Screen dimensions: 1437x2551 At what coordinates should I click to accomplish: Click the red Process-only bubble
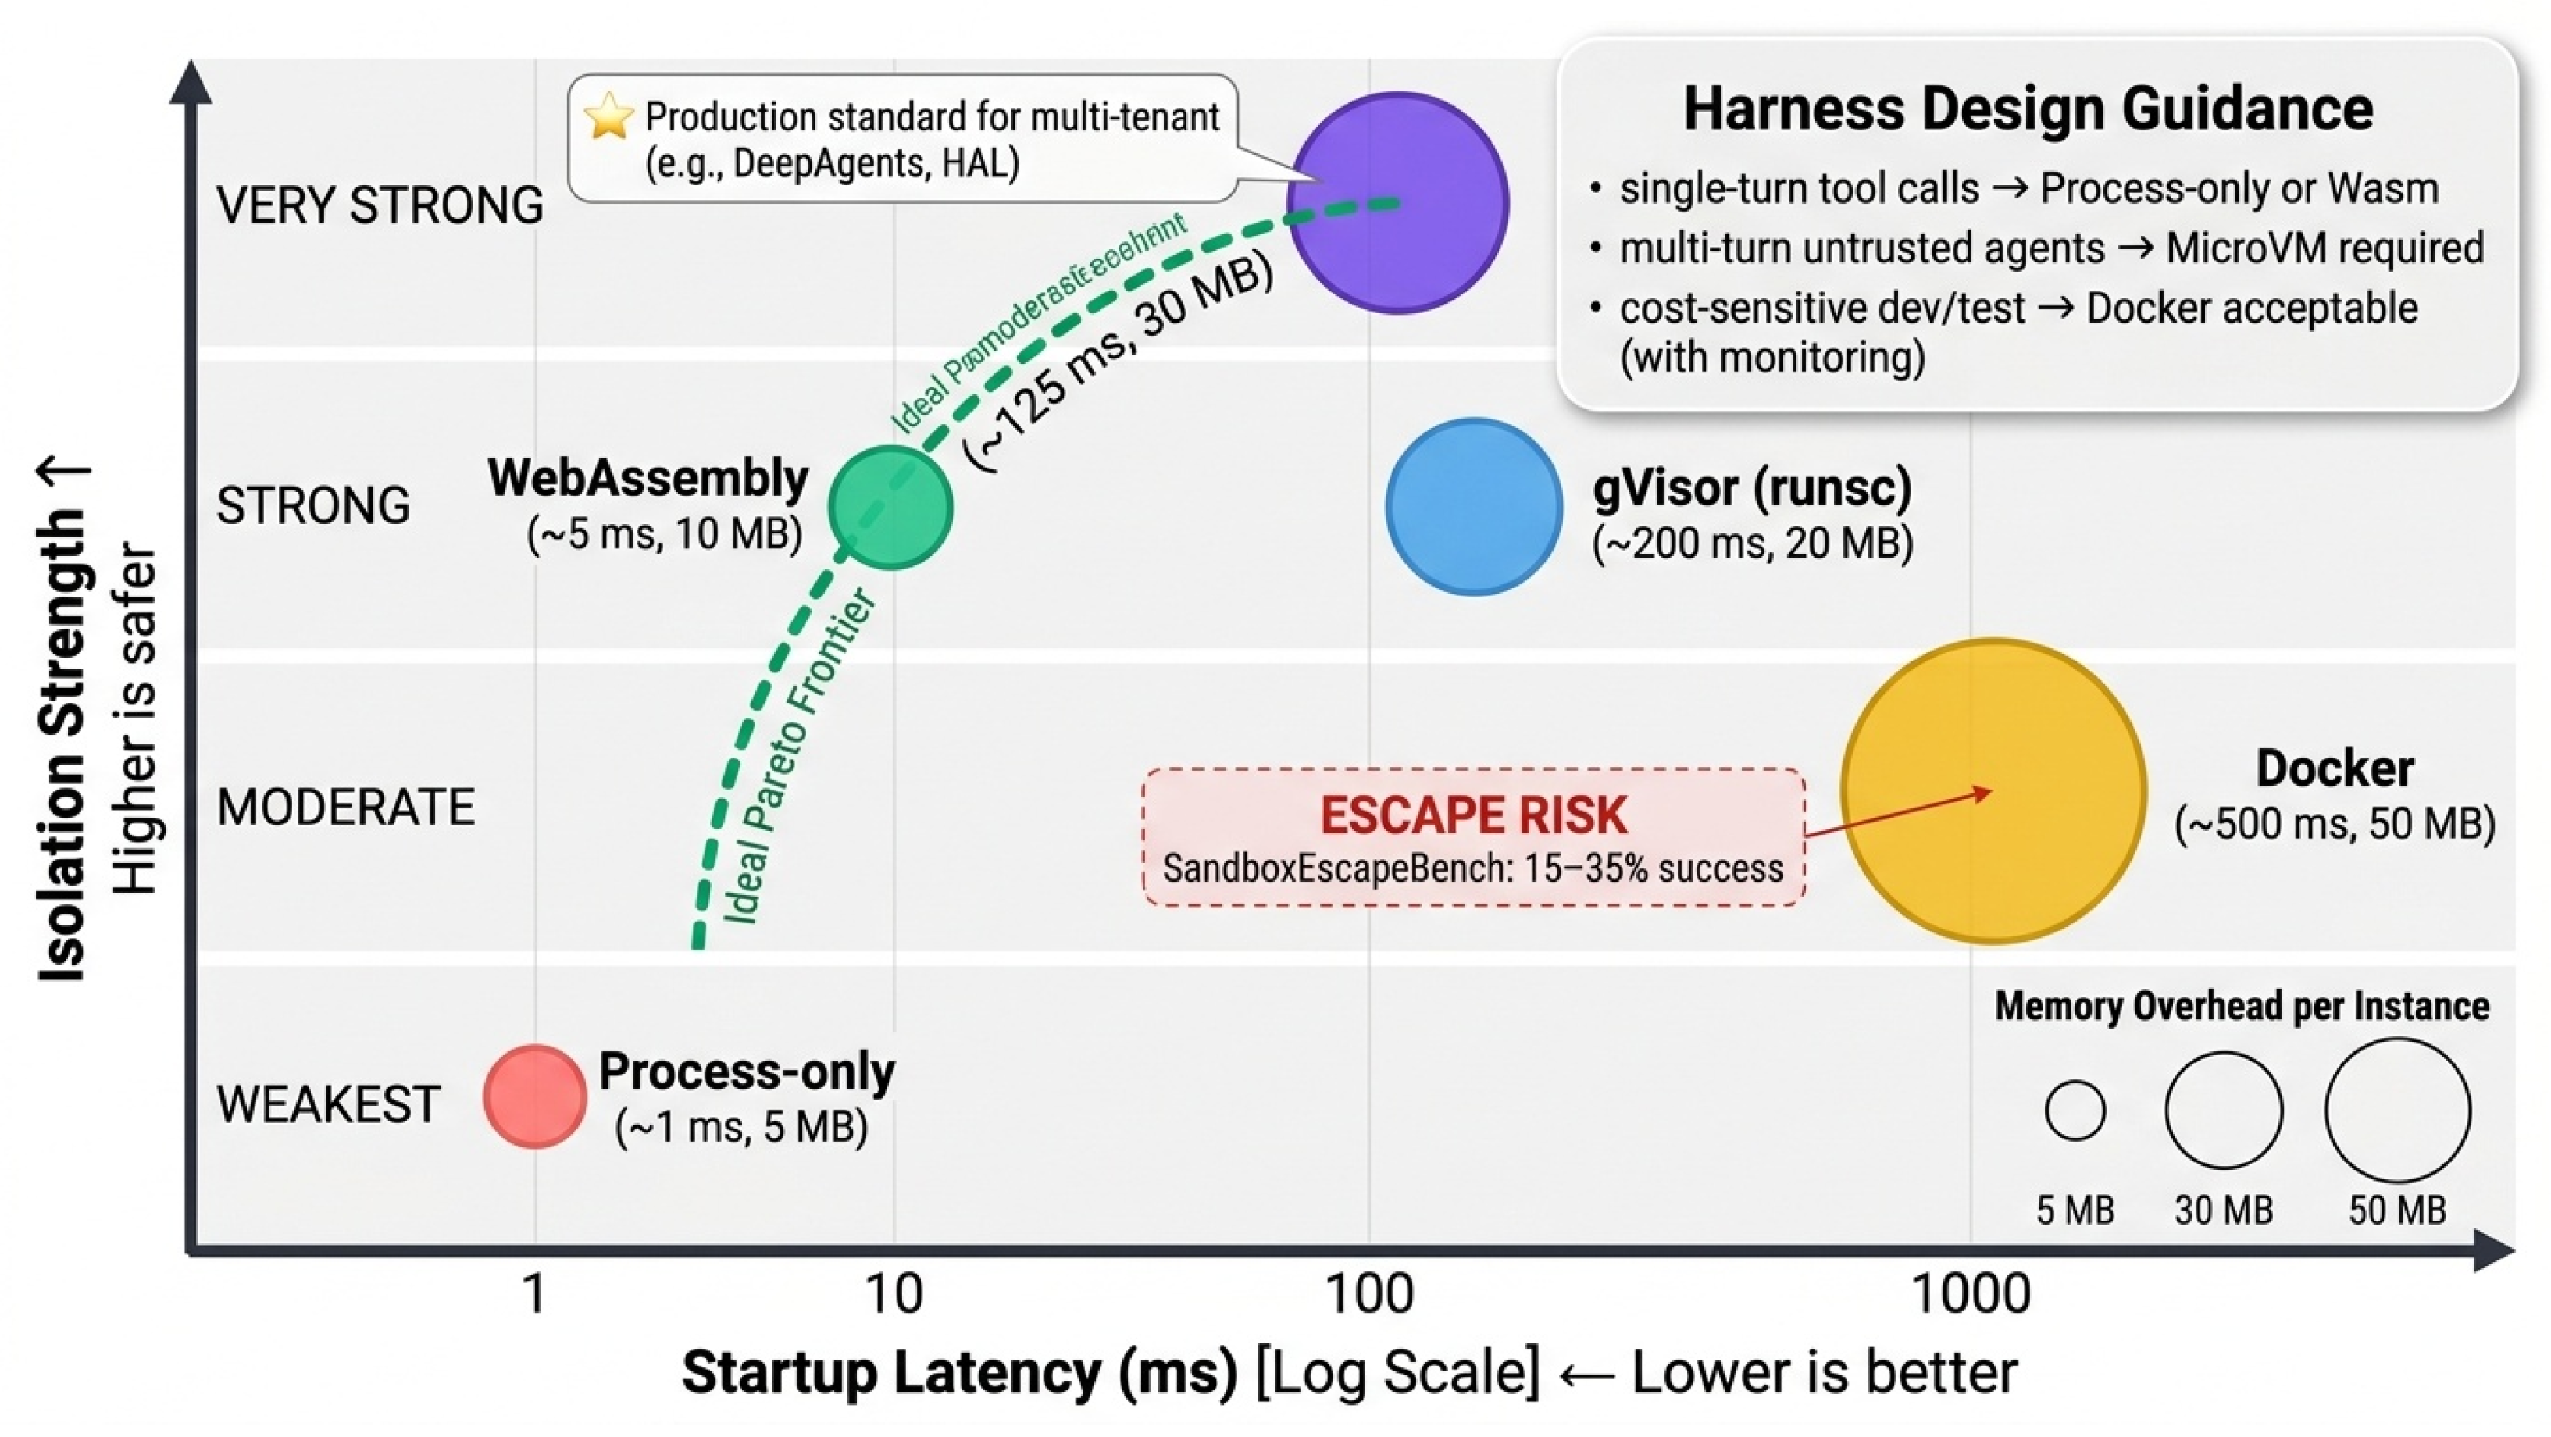(535, 1096)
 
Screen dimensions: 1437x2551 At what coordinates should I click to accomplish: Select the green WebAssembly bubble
(890, 507)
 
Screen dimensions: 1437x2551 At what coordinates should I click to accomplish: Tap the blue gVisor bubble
(1474, 506)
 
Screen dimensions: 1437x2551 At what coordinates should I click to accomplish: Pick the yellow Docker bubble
(1993, 790)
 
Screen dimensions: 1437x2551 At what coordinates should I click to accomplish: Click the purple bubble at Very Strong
(1397, 203)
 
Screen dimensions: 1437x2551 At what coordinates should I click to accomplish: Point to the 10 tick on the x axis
(894, 1293)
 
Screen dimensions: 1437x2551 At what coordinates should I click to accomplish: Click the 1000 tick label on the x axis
(1970, 1293)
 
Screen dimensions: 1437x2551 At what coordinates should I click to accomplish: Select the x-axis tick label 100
(1368, 1293)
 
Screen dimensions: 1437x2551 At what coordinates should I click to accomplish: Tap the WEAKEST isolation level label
(328, 1104)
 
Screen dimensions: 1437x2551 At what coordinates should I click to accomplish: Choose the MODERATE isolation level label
(345, 807)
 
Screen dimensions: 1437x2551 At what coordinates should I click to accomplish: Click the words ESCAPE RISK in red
(1472, 815)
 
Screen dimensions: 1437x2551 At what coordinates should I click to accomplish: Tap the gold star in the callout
(608, 117)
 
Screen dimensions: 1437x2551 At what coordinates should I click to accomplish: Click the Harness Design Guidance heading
(2028, 108)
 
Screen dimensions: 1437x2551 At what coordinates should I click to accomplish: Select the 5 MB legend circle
(2075, 1111)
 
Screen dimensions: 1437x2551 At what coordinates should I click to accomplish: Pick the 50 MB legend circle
(2396, 1111)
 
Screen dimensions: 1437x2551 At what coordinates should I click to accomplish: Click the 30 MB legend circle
(2223, 1111)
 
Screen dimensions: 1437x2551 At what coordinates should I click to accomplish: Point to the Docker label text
(2334, 768)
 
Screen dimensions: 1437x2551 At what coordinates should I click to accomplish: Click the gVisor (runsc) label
(1752, 487)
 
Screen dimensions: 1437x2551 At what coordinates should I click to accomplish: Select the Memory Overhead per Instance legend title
(2241, 1006)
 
